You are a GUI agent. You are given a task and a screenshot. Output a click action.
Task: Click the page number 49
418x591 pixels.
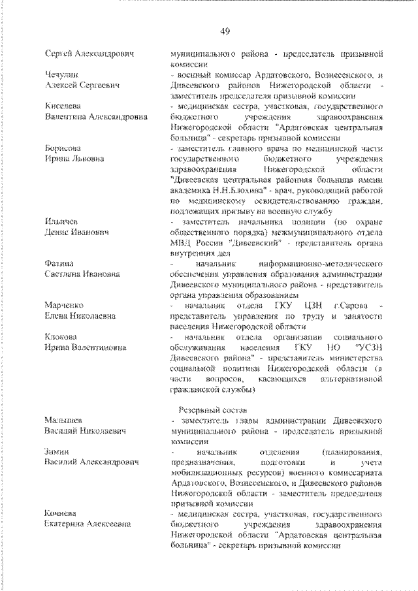[x=225, y=31]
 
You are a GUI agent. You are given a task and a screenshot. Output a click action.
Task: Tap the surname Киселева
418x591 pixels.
[x=63, y=106]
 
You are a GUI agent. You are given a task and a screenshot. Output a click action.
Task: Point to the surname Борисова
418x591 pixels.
[x=63, y=148]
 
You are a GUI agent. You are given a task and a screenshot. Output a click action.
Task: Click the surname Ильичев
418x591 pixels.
[x=62, y=222]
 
